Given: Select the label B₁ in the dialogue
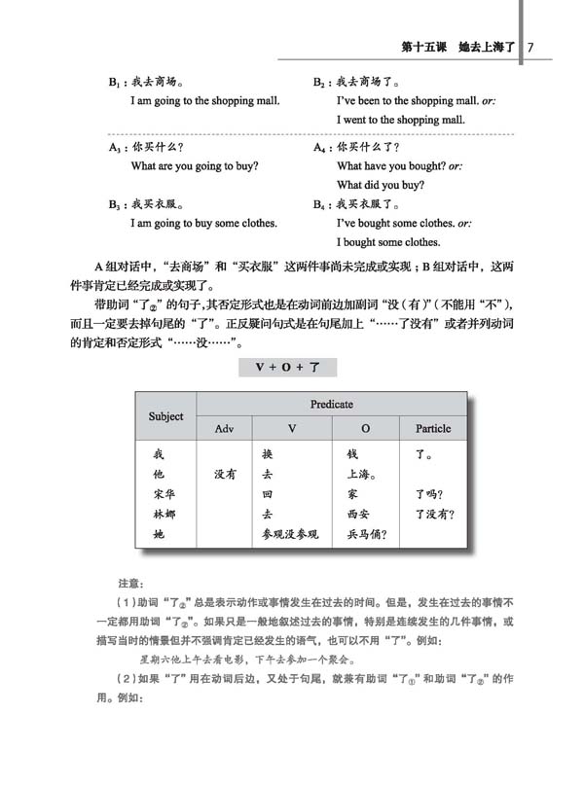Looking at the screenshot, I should tap(115, 84).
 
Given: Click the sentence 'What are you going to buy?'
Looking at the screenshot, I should tap(195, 166).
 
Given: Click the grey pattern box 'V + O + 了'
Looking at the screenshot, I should tap(287, 368).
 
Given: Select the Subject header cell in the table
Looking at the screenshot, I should tap(165, 415).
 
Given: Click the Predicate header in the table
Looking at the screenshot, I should tap(331, 404).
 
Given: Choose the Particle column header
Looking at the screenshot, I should tap(433, 428).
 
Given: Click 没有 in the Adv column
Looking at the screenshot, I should tap(226, 475).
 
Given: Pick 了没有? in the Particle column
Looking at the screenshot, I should tap(434, 514).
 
